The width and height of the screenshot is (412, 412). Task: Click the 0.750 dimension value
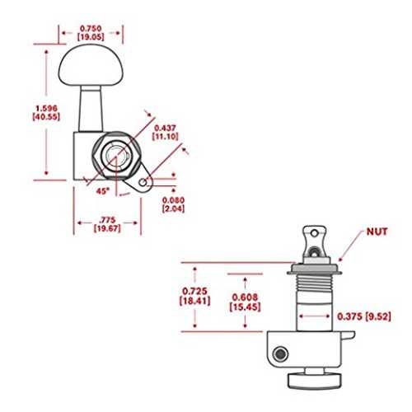pyautogui.click(x=91, y=28)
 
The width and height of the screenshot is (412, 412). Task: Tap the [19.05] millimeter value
pyautogui.click(x=91, y=37)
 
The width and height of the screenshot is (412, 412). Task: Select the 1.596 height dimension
pyautogui.click(x=46, y=108)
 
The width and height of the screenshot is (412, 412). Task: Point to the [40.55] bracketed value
pyautogui.click(x=46, y=116)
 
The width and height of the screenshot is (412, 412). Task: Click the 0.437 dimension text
pyautogui.click(x=165, y=128)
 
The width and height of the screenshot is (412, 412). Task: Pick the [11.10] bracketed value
pyautogui.click(x=166, y=137)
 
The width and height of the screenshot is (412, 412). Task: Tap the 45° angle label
pyautogui.click(x=103, y=191)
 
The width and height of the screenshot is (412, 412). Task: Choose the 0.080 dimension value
pyautogui.click(x=173, y=200)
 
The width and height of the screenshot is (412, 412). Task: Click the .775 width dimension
pyautogui.click(x=107, y=220)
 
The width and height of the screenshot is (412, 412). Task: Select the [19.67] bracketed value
pyautogui.click(x=107, y=228)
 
